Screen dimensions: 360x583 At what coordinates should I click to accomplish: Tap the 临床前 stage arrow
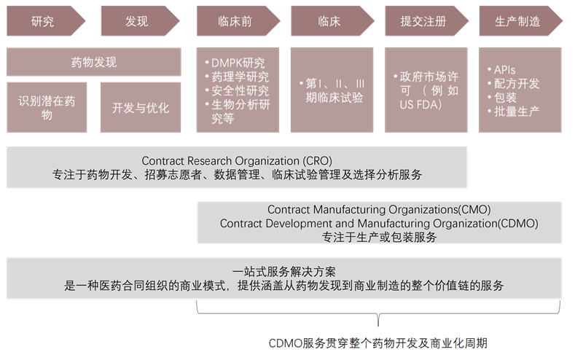(235, 20)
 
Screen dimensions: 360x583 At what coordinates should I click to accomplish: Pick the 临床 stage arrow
(329, 20)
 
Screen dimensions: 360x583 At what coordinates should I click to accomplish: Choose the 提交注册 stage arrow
(423, 20)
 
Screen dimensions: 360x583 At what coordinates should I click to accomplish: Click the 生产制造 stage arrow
(518, 20)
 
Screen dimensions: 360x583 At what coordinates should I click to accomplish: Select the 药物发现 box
(93, 62)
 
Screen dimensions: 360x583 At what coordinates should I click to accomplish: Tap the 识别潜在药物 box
(47, 108)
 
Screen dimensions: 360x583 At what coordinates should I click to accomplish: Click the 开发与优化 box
(140, 108)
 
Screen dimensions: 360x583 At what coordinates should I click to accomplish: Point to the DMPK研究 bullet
(238, 62)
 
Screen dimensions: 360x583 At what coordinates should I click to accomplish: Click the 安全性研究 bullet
(240, 91)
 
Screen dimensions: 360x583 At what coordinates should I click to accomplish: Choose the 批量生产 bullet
(515, 111)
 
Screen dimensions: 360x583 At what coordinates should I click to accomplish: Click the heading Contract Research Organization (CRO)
(237, 160)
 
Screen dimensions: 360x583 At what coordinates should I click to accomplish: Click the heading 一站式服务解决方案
(284, 271)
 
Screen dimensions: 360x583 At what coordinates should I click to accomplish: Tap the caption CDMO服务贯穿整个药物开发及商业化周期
(377, 343)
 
